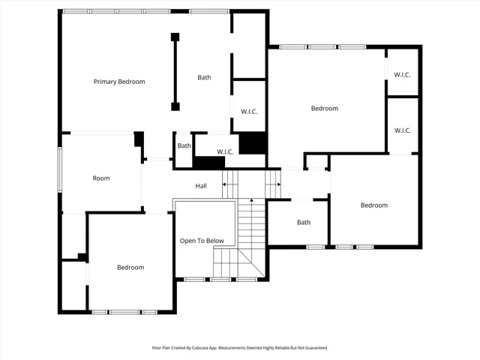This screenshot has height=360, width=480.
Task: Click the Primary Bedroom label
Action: pyautogui.click(x=118, y=82)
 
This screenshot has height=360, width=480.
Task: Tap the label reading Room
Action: pyautogui.click(x=100, y=178)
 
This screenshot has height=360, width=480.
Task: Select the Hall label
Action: pyautogui.click(x=201, y=186)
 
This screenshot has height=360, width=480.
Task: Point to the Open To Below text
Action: pyautogui.click(x=201, y=241)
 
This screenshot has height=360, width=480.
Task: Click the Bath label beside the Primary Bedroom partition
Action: pyautogui.click(x=204, y=77)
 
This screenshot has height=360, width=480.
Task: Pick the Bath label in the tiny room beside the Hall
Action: pyautogui.click(x=184, y=145)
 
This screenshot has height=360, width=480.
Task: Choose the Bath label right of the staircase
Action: pyautogui.click(x=303, y=222)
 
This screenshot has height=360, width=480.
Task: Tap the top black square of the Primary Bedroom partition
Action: pyautogui.click(x=175, y=37)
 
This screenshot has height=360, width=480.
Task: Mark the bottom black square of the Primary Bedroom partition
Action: pyautogui.click(x=175, y=106)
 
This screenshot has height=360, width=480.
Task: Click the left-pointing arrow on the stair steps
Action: pyautogui.click(x=225, y=185)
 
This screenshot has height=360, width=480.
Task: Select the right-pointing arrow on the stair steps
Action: pyautogui.click(x=277, y=185)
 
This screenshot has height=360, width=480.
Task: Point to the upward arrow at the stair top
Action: pyautogui.click(x=251, y=200)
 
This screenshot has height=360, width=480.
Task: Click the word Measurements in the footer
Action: pyautogui.click(x=242, y=348)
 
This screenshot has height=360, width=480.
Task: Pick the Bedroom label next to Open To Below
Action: pyautogui.click(x=130, y=267)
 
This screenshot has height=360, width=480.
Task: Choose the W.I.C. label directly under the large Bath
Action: pyautogui.click(x=249, y=112)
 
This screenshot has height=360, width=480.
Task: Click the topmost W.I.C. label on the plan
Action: pyautogui.click(x=402, y=74)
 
